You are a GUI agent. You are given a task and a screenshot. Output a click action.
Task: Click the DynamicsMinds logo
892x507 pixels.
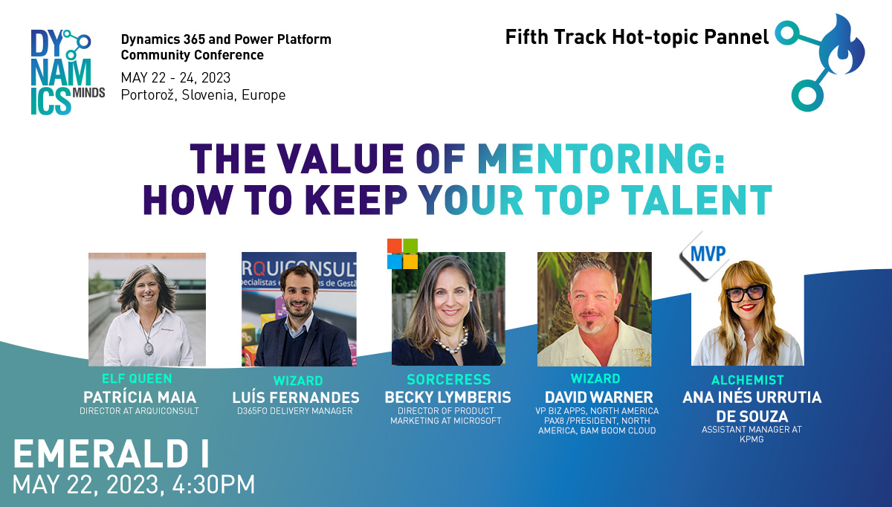point(68,72)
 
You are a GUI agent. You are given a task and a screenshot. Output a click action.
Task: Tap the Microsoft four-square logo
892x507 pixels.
point(402,253)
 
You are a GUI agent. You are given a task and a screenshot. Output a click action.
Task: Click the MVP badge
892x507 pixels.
point(705,255)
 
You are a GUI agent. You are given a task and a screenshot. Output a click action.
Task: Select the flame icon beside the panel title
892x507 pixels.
point(842,46)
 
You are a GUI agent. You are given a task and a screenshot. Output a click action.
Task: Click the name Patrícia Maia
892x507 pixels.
point(140,397)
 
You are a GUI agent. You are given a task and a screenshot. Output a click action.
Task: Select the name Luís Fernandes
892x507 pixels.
point(296,398)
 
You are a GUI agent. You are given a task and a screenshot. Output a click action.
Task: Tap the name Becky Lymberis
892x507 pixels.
point(448,397)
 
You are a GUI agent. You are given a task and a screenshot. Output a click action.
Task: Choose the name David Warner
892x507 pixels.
point(599,397)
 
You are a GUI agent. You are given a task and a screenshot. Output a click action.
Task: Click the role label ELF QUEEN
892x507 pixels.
point(137,378)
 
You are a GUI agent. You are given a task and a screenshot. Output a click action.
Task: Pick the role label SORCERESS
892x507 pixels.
point(449,380)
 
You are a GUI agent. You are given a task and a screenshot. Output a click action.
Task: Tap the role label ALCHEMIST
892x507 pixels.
point(748,381)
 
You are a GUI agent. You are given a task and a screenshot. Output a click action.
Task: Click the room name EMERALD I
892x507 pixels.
point(111,454)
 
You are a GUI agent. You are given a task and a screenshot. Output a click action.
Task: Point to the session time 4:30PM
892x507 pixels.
point(213,485)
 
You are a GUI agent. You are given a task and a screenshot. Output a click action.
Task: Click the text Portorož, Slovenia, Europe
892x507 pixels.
point(203,95)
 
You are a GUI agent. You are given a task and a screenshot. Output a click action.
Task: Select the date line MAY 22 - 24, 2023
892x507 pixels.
point(175,77)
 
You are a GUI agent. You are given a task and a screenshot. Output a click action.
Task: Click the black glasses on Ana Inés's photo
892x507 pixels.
point(746,293)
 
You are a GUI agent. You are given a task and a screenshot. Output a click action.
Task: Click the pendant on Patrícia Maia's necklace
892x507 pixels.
point(149,348)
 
